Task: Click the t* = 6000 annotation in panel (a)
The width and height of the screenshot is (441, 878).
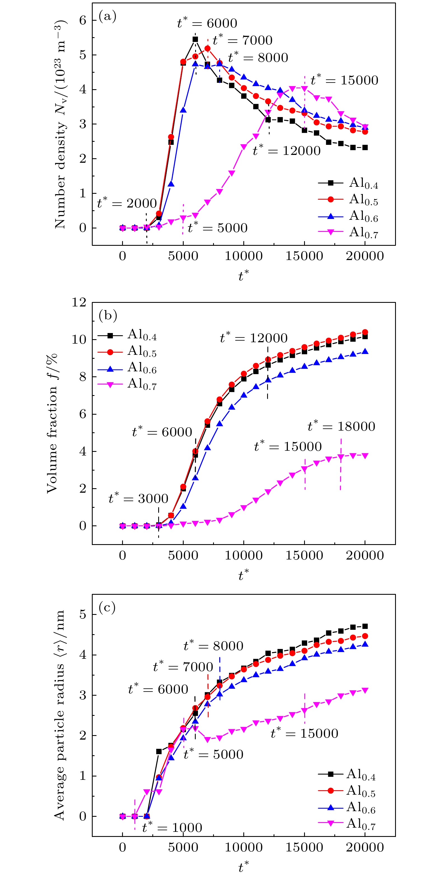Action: [207, 23]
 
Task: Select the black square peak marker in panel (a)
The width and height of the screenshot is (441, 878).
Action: [195, 39]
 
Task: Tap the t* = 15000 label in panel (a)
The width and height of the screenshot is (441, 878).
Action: [344, 80]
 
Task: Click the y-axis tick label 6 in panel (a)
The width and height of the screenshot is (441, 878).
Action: [83, 20]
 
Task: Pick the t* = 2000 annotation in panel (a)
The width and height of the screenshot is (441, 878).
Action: [127, 203]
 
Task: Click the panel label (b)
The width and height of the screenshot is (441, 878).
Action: [108, 315]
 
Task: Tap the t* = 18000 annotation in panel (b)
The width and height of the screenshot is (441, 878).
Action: [341, 426]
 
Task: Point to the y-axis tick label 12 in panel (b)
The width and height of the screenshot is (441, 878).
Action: [79, 302]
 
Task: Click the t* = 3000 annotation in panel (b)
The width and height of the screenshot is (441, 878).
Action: [138, 498]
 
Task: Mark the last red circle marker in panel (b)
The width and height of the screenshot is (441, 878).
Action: [365, 332]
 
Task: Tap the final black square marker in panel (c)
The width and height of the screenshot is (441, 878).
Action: [365, 626]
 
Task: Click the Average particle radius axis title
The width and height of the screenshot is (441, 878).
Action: [59, 716]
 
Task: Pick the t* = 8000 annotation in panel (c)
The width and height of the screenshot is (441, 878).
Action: [213, 646]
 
